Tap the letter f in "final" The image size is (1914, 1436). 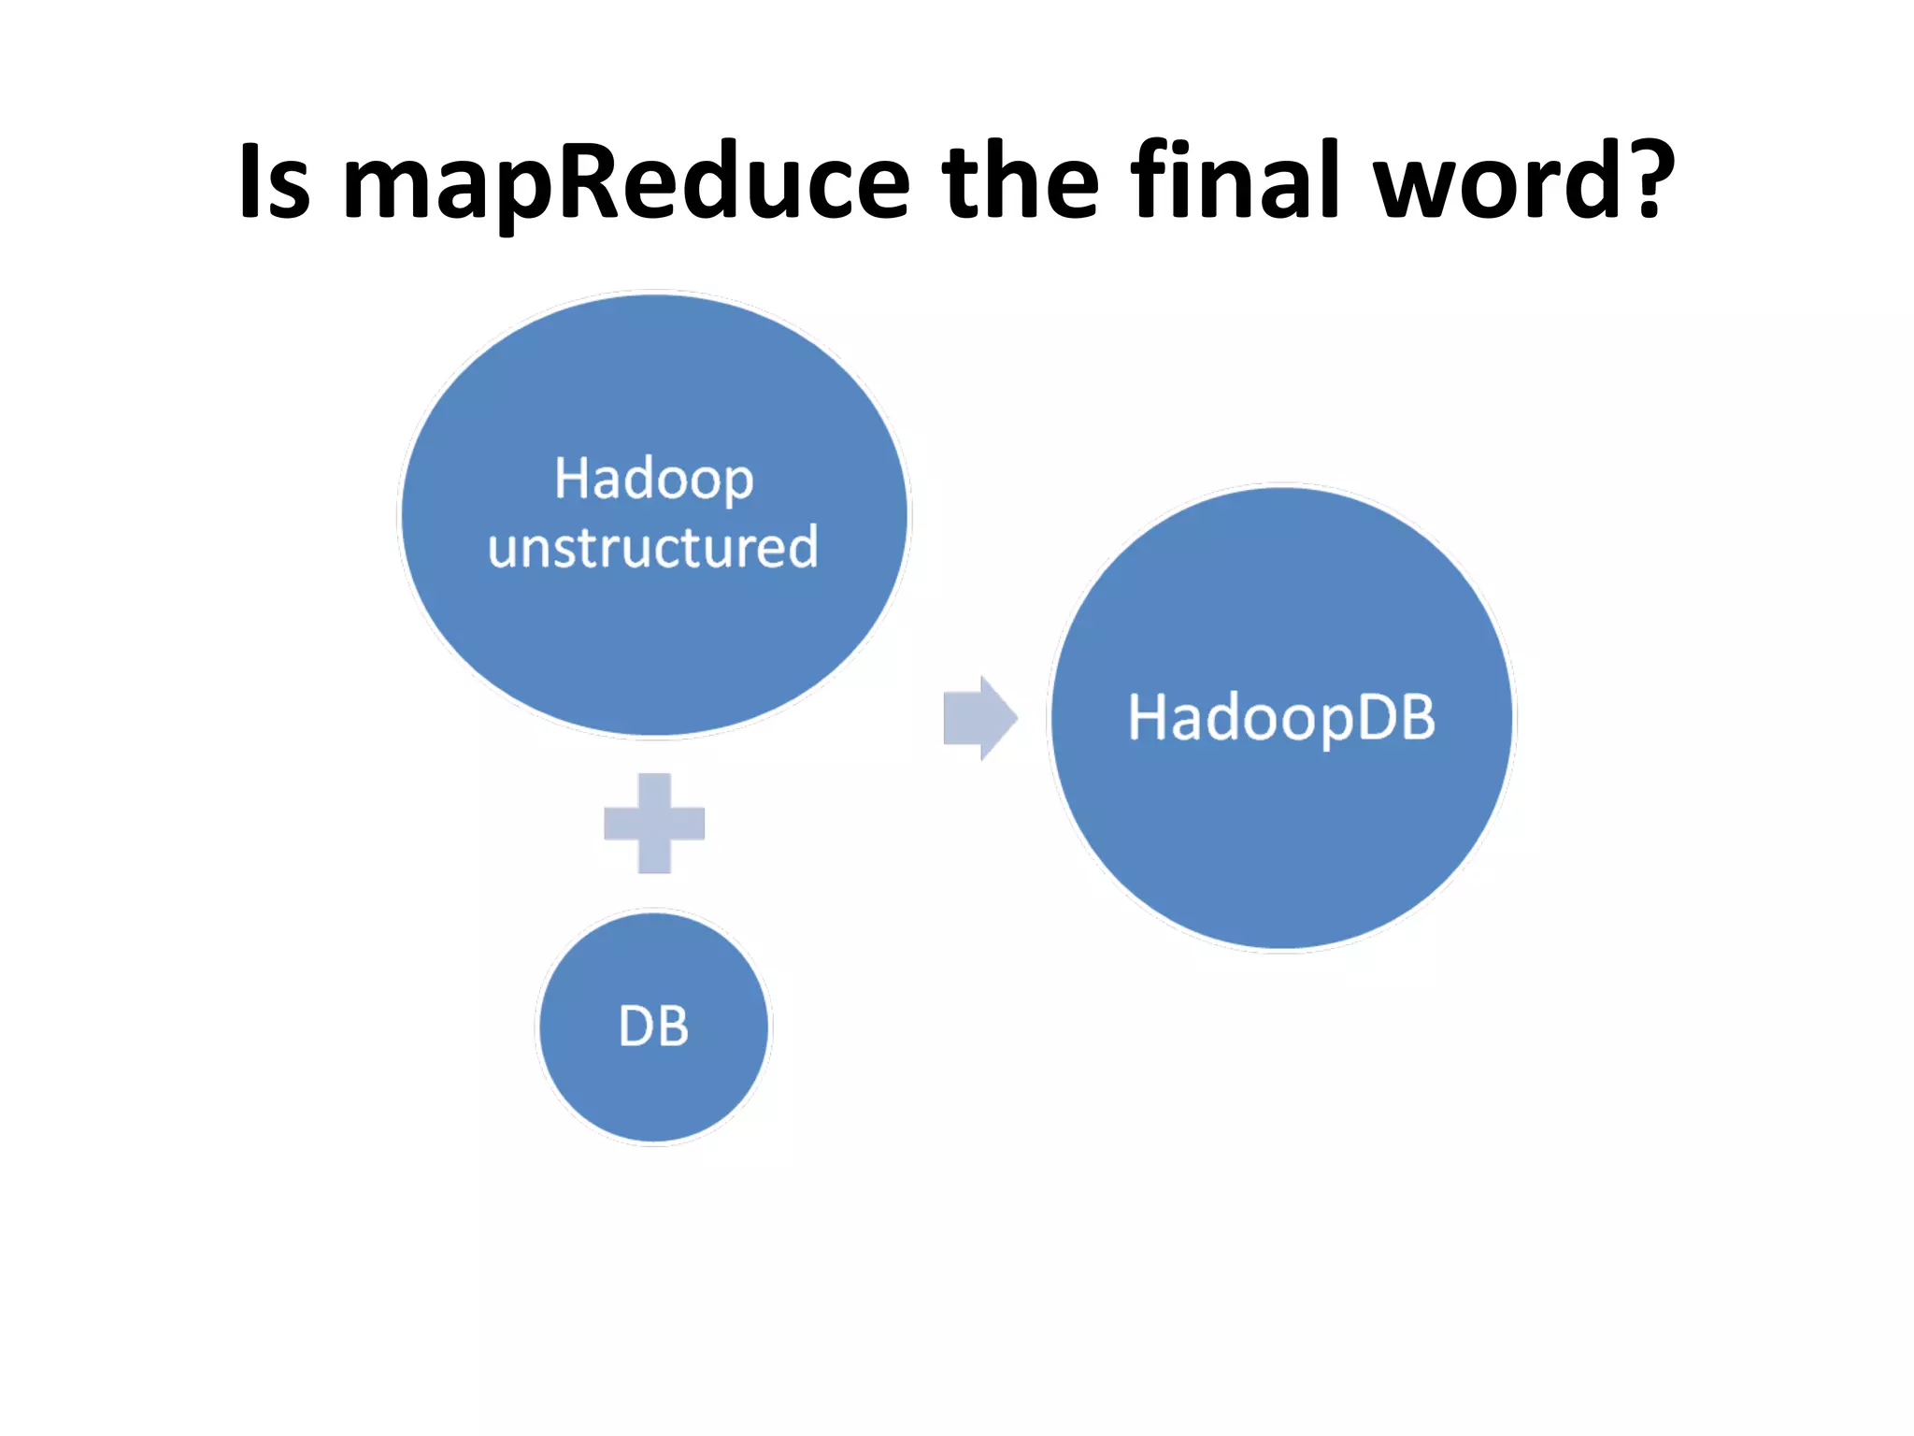(1150, 179)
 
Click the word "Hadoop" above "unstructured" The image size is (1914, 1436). (653, 481)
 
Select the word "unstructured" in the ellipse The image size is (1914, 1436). (652, 547)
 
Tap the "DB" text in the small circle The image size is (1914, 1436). (653, 1027)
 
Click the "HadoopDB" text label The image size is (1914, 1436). (1280, 718)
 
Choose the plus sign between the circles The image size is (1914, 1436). (654, 823)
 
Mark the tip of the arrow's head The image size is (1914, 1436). (1016, 718)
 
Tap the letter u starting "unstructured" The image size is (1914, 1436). (502, 549)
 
